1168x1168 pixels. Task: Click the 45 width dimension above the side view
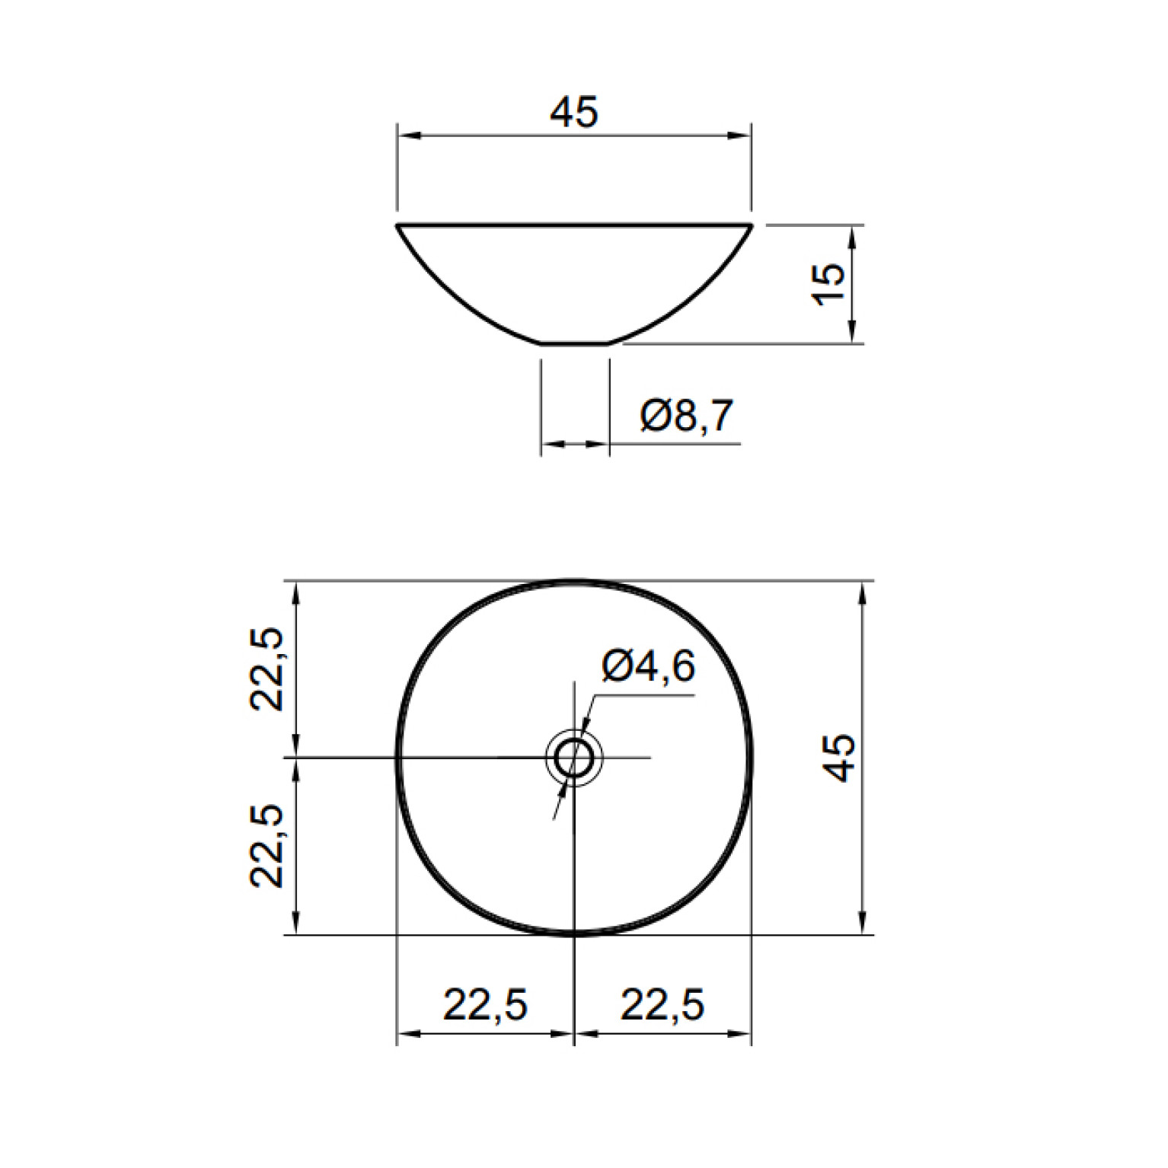click(x=574, y=112)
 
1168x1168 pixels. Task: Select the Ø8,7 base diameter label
click(x=687, y=415)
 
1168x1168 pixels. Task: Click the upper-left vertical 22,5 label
click(x=266, y=669)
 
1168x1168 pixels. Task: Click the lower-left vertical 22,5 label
click(x=266, y=845)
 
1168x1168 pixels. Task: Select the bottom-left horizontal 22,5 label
click(x=486, y=1004)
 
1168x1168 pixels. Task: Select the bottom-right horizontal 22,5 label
click(x=662, y=1004)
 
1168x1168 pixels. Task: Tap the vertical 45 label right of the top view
click(x=840, y=758)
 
